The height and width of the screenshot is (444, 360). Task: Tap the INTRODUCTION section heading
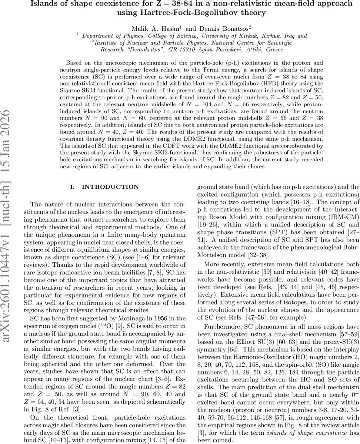click(110, 187)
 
